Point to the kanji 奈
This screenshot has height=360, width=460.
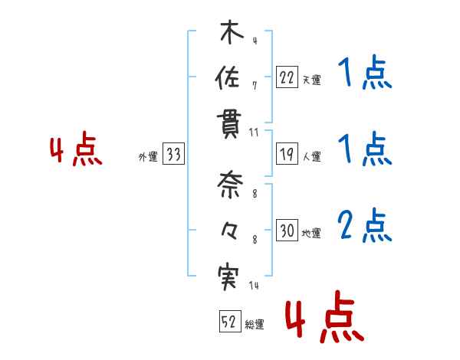tap(228, 185)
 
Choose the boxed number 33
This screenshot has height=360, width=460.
tap(173, 155)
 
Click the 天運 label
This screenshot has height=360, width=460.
tap(312, 80)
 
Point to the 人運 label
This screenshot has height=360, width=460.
tap(312, 157)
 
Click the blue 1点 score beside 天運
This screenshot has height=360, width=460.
tap(363, 74)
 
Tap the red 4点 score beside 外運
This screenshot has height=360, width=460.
tap(75, 151)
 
